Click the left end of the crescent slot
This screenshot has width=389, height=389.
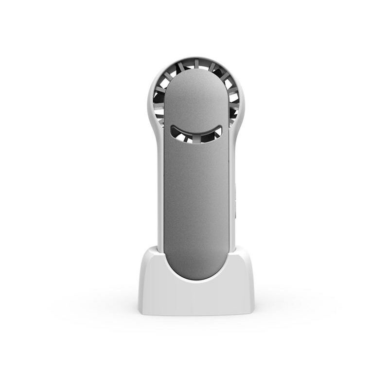[173, 129]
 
